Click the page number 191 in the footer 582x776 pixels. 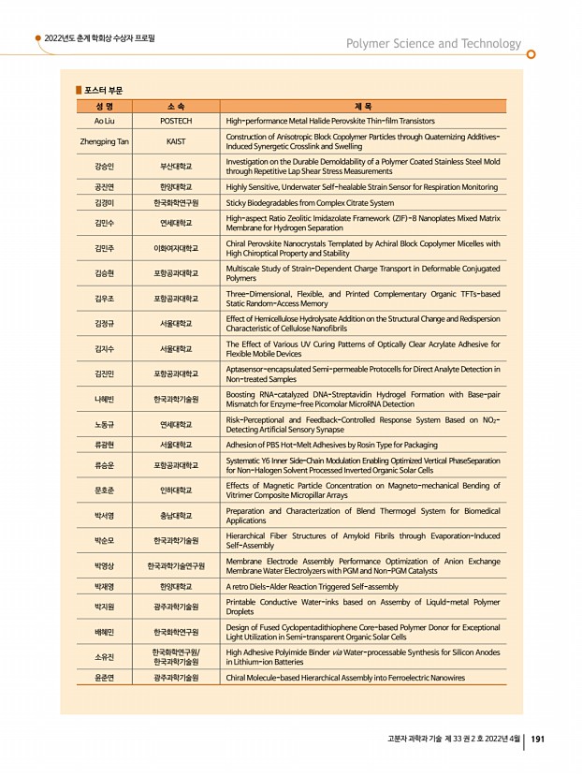(538, 739)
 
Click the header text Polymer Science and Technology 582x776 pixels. (434, 44)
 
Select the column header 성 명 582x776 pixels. (104, 107)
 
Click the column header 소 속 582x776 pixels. (176, 107)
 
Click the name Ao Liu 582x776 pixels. (104, 121)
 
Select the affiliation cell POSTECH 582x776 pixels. (176, 121)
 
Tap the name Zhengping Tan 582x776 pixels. (104, 141)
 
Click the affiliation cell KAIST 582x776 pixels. (176, 141)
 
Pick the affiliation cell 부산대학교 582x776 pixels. (176, 167)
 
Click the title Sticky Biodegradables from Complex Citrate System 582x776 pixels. (310, 202)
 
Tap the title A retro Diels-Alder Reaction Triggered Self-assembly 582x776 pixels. (312, 586)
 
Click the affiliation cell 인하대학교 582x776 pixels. (176, 490)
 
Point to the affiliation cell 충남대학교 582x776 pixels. (176, 515)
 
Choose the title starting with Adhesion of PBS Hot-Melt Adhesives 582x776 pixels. (331, 444)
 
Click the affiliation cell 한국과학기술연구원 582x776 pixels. (176, 565)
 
